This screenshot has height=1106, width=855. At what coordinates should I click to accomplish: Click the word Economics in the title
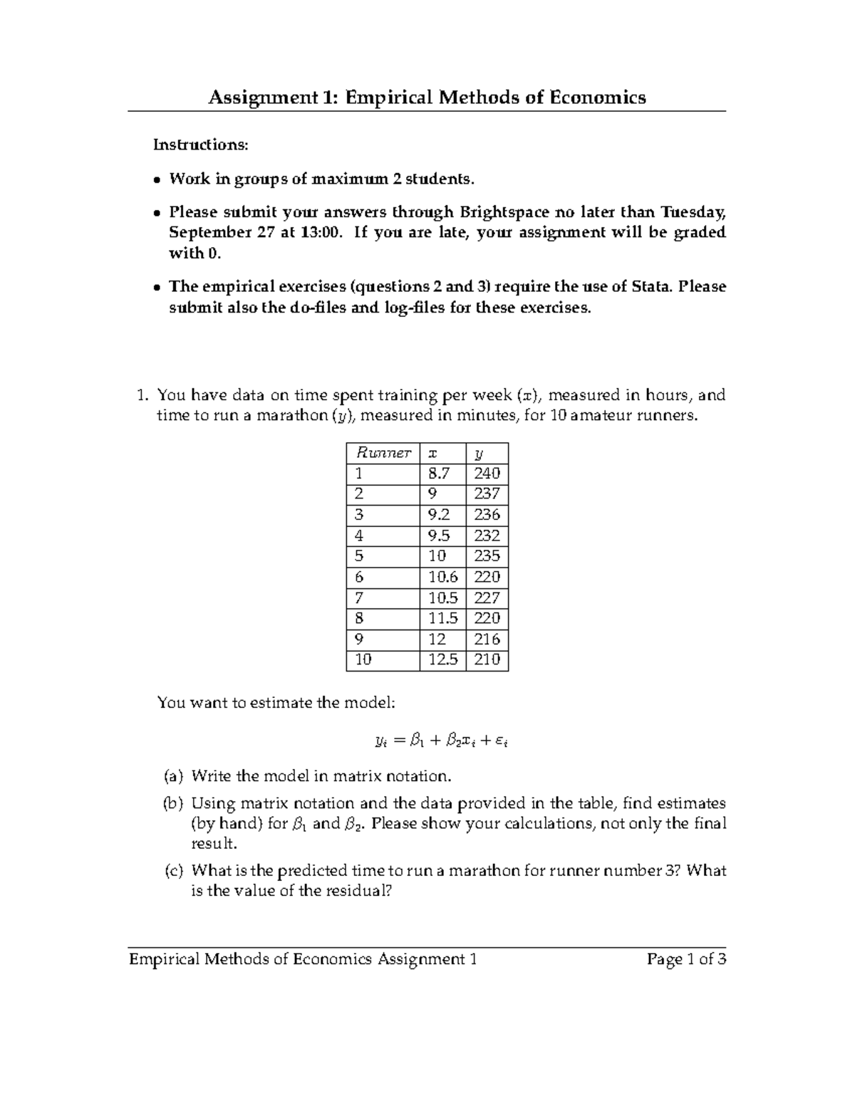tap(598, 98)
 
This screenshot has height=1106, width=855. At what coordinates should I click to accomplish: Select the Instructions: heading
tap(201, 145)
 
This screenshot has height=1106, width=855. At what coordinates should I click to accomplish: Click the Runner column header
tap(383, 453)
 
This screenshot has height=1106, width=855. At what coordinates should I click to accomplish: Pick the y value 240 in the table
tap(487, 474)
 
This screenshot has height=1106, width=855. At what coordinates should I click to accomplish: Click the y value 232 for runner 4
tap(487, 536)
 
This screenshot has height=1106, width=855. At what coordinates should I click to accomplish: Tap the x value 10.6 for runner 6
tap(442, 577)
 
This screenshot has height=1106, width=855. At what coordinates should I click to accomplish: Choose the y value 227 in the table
tap(487, 598)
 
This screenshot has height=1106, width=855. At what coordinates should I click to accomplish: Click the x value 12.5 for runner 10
tap(442, 659)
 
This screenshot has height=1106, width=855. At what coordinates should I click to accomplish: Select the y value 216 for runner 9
tap(487, 639)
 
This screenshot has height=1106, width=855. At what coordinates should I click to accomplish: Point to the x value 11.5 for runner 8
tap(442, 618)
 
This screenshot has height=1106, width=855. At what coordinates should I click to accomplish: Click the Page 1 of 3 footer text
tap(686, 959)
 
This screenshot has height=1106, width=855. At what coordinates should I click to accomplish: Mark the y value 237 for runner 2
tap(487, 494)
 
